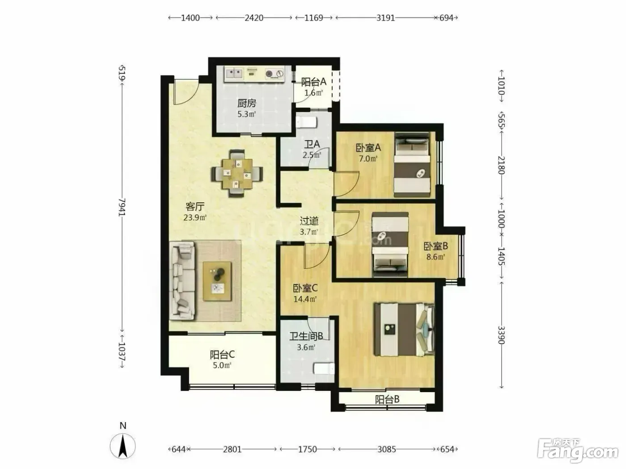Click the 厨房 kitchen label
point(247,103)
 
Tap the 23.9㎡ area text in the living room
point(195,218)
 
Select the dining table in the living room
point(237,174)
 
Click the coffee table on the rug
point(217,281)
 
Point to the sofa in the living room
point(182,281)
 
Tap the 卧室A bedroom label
point(368,147)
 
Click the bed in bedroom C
point(404,330)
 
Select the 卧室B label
point(436,246)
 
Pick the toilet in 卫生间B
point(324,368)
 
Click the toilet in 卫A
point(307,122)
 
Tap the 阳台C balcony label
point(222,355)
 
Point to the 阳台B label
point(387,400)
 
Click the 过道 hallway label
point(309,221)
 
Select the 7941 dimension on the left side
point(122,207)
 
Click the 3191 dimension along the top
point(385,18)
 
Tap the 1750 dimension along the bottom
point(308,449)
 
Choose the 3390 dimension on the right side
point(502,335)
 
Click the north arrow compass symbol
point(123,446)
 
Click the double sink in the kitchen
point(234,74)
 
